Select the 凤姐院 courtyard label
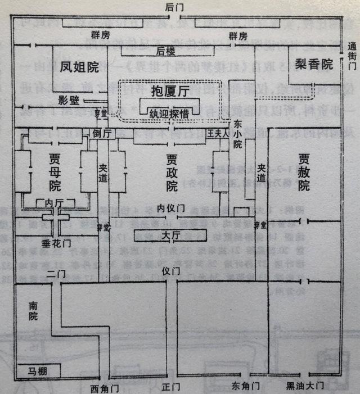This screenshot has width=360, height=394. [79, 67]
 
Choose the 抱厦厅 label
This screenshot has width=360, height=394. [170, 89]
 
